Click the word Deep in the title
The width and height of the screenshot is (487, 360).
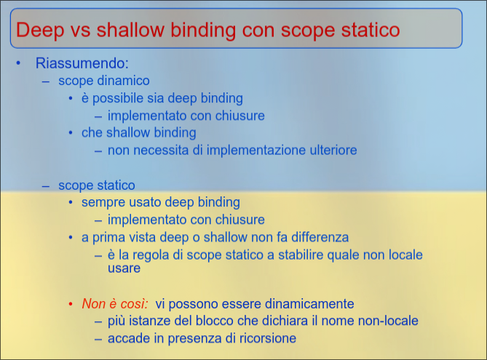click(x=40, y=31)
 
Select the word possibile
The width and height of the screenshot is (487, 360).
click(x=119, y=98)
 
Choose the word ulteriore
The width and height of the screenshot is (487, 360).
click(x=330, y=151)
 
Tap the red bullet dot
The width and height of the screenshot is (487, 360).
click(x=71, y=304)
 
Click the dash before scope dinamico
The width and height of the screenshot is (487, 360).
click(x=46, y=81)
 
